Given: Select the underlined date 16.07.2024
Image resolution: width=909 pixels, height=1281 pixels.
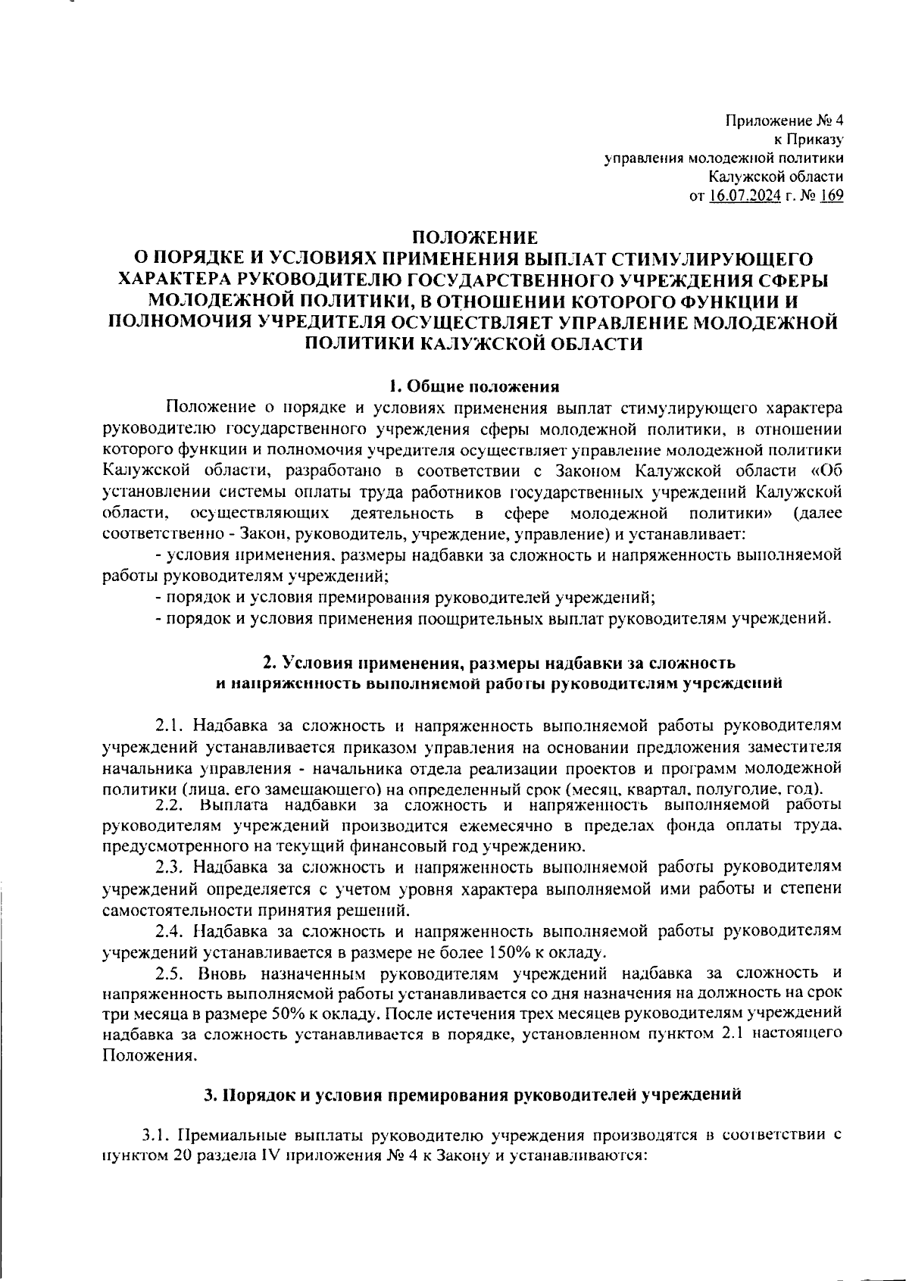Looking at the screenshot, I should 744,196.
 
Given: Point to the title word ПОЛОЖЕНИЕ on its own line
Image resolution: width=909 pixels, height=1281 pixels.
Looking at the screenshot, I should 473,237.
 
